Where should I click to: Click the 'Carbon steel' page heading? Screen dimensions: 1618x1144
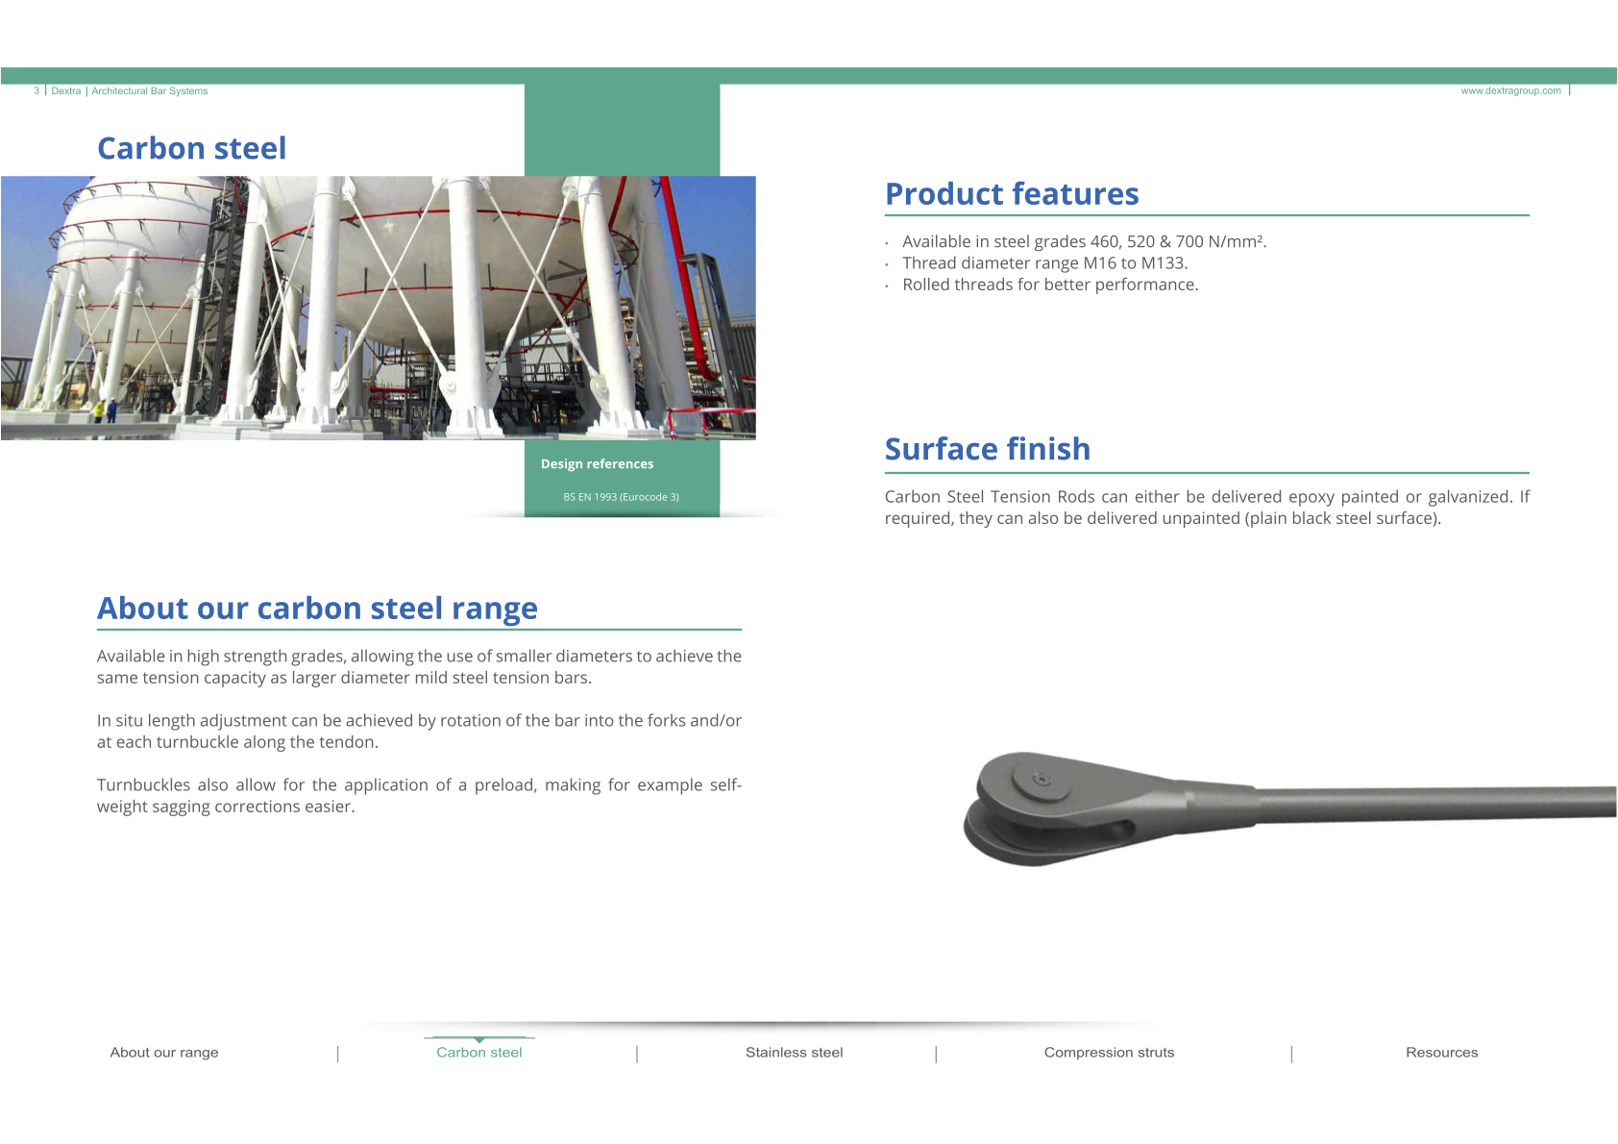[191, 148]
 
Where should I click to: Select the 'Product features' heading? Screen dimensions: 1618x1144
[1012, 193]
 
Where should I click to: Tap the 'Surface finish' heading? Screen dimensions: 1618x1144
[988, 449]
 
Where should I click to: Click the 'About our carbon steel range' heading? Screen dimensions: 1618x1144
[317, 609]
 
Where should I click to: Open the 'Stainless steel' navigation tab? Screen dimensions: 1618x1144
[794, 1053]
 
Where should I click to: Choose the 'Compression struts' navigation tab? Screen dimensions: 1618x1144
[1109, 1053]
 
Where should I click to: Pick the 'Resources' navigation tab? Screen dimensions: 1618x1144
[1442, 1053]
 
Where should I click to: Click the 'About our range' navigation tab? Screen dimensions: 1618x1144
[164, 1053]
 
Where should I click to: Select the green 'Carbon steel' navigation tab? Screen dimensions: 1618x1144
[478, 1053]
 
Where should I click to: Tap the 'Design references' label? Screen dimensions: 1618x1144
[597, 464]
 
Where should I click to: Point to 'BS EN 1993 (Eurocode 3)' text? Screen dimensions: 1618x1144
[622, 497]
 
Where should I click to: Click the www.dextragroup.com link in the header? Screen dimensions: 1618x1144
[1510, 91]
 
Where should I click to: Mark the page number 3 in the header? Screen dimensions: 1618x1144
[37, 91]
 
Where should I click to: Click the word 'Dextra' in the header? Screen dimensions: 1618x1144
[65, 91]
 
